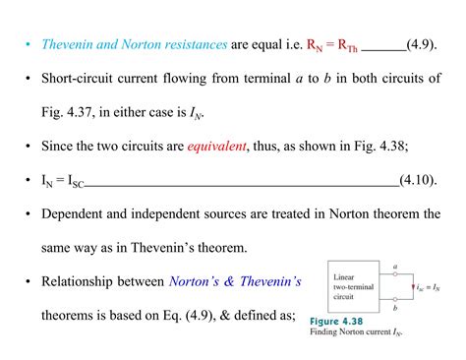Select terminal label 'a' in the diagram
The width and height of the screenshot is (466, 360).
(393, 265)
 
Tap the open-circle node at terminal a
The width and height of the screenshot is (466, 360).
(393, 273)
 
